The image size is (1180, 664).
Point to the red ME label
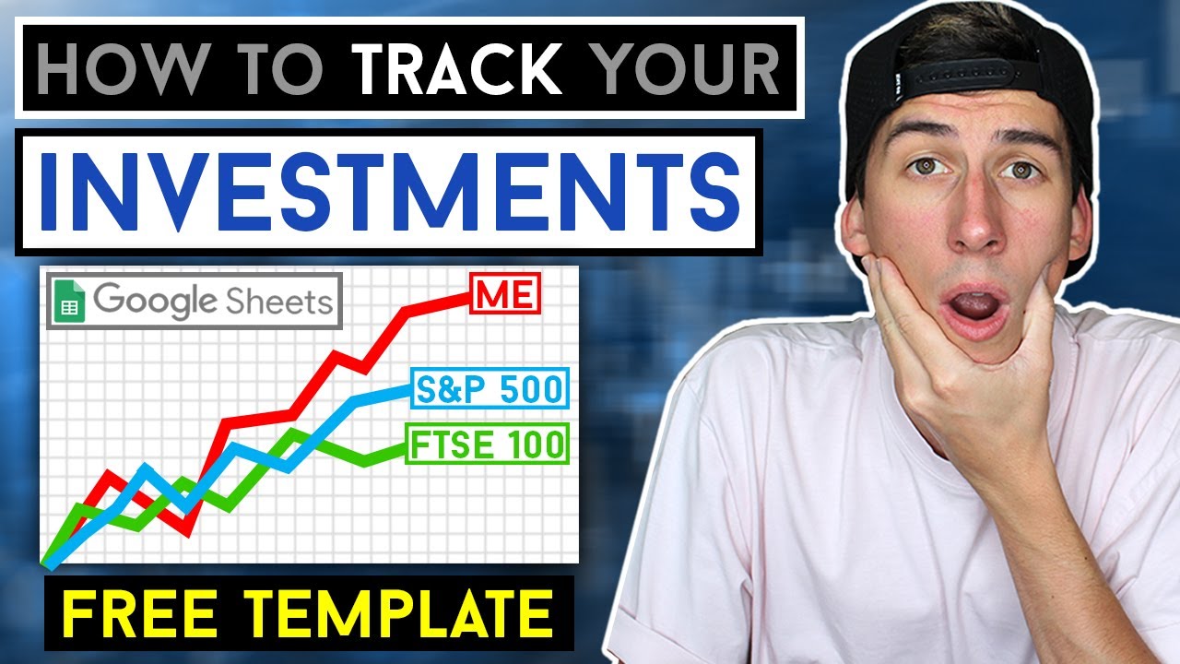(x=504, y=295)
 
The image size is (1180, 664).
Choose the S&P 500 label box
(x=489, y=389)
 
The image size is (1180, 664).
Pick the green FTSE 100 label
(x=487, y=445)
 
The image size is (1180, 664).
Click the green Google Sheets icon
(x=69, y=302)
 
